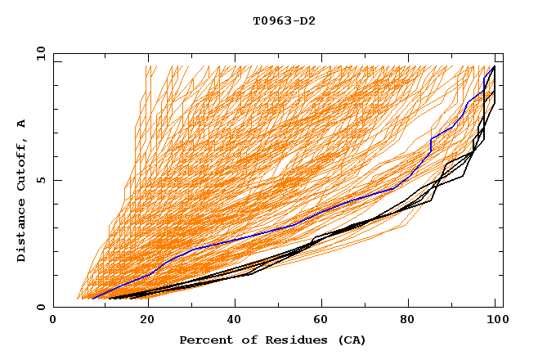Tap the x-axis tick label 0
[x=53, y=320]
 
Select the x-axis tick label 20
[x=142, y=320]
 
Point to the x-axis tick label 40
[x=231, y=320]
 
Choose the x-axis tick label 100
[x=495, y=320]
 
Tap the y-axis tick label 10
[x=40, y=53]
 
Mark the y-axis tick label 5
[x=43, y=180]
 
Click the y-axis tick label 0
[x=43, y=307]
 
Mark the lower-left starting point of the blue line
[x=92, y=299]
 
